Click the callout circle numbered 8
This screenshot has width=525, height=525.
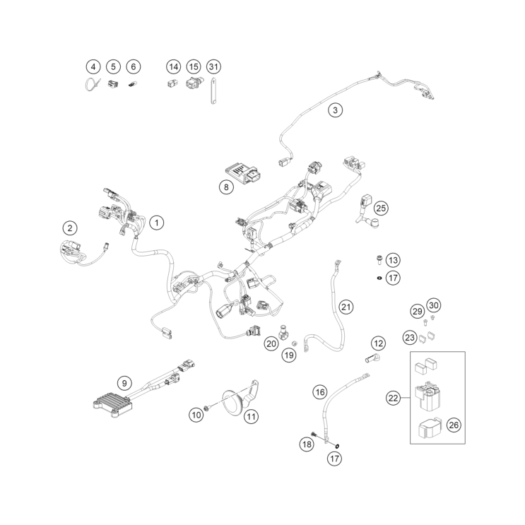pos(226,187)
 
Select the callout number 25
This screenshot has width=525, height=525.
pos(381,208)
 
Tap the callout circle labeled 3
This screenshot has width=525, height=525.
pos(336,110)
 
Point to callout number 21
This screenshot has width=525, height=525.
pos(346,307)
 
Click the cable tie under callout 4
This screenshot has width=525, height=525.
pos(92,83)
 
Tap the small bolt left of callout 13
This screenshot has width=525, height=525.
pos(379,260)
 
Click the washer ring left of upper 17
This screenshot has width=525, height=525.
pos(379,278)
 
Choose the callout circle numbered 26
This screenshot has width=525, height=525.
pos(454,425)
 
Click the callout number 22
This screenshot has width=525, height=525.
pos(393,398)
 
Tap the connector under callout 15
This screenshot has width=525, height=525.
pos(193,83)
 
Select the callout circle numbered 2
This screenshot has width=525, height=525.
pos(70,228)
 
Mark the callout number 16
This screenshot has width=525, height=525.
pos(320,392)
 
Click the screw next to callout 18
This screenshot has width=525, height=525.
pos(314,435)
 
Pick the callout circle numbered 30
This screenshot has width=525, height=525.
pos(434,305)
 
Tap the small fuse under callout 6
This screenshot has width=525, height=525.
pos(132,85)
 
